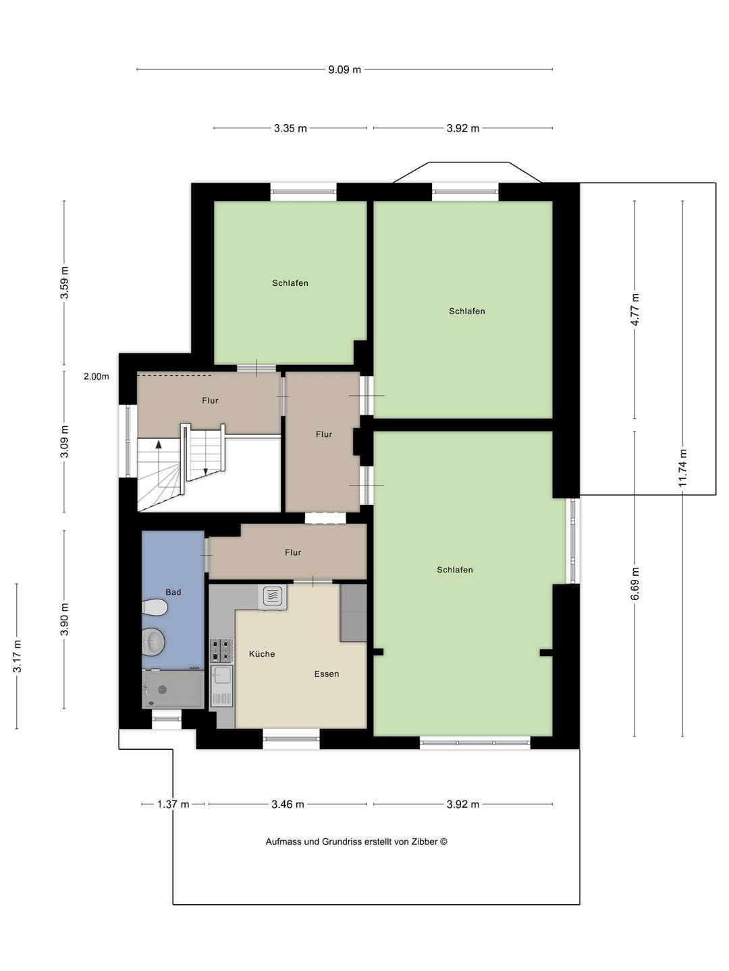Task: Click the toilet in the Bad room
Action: tap(155, 607)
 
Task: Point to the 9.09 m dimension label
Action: tap(344, 69)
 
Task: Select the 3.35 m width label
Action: tap(290, 128)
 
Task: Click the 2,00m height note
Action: tap(97, 376)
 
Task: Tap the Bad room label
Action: tap(173, 592)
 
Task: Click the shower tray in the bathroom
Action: tap(173, 688)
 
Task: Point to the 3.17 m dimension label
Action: tap(18, 656)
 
